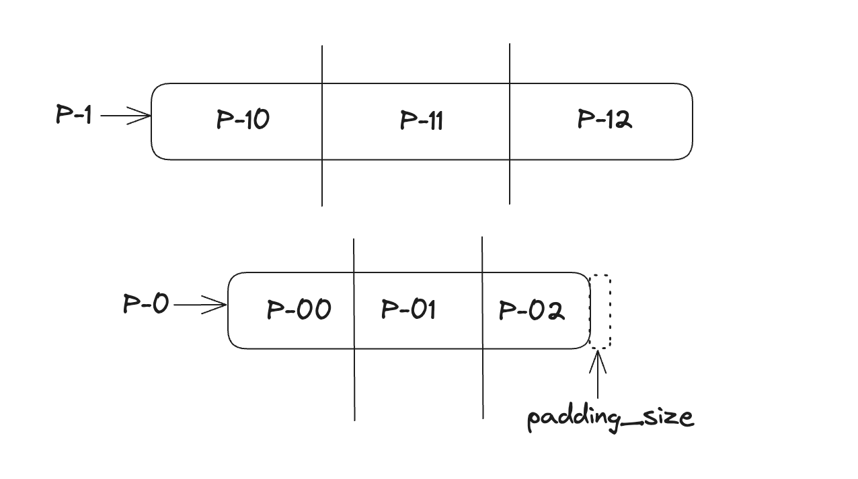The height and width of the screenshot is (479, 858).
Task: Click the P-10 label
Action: click(x=243, y=120)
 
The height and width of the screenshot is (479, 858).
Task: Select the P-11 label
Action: click(x=421, y=120)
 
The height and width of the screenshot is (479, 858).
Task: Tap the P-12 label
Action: click(x=604, y=120)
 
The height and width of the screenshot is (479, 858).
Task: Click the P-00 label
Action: click(x=299, y=309)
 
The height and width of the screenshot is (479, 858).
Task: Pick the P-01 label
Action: click(x=408, y=309)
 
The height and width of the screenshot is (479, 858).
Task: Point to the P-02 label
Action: click(x=531, y=310)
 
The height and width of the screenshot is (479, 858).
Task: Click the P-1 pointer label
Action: click(x=73, y=115)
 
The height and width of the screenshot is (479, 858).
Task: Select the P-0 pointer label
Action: click(x=145, y=304)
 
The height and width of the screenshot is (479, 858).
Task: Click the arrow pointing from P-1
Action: click(x=126, y=116)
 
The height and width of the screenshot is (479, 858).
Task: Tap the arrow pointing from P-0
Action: click(x=200, y=305)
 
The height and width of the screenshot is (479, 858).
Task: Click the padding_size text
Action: click(x=610, y=418)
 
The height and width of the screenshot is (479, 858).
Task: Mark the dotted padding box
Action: click(x=600, y=311)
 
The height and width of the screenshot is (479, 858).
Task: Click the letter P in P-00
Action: click(x=274, y=310)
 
